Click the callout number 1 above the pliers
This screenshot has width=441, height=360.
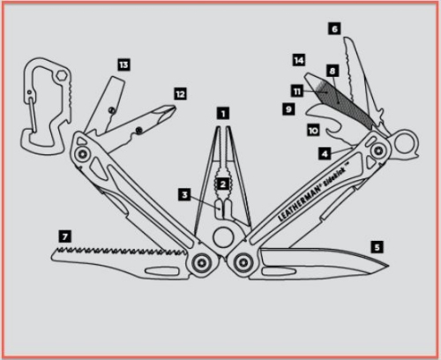point(223,114)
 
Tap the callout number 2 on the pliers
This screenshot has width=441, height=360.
point(223,184)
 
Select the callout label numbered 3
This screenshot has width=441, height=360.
point(184,195)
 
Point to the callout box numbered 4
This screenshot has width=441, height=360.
point(325,154)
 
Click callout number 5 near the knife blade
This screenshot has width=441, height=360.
point(377,247)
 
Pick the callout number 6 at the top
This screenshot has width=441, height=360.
point(334,29)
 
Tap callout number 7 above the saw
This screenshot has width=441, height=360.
point(65,236)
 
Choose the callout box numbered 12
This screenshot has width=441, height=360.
point(180,94)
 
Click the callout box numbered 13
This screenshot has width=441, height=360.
point(123,64)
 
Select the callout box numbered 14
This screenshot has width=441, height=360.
point(299,60)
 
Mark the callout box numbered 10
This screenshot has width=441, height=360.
point(313,131)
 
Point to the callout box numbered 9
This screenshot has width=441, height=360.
point(288,109)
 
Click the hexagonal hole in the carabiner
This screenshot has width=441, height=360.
point(62,75)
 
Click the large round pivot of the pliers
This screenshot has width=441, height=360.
point(222,237)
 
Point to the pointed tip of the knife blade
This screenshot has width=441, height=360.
point(388,266)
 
